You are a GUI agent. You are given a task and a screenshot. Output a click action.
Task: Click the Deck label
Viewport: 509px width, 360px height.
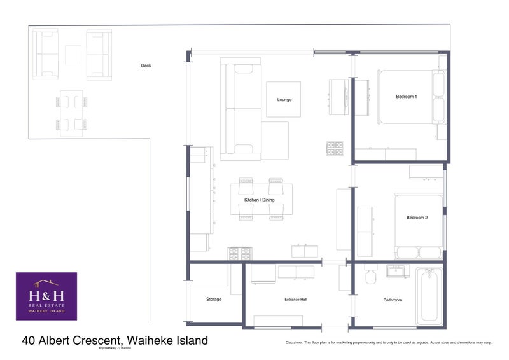(x=146, y=66)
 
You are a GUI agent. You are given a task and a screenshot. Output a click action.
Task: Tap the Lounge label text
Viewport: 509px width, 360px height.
(x=284, y=99)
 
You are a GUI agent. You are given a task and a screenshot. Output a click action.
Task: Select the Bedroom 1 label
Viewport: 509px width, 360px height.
(x=407, y=97)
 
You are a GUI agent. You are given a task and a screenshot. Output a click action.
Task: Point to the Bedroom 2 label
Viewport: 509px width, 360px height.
(x=417, y=218)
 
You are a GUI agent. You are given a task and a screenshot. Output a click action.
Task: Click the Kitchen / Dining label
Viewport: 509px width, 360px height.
(x=260, y=200)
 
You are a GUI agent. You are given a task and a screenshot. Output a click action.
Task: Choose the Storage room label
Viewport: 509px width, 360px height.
(x=214, y=300)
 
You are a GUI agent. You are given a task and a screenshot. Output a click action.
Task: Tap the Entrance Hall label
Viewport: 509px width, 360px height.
(x=296, y=300)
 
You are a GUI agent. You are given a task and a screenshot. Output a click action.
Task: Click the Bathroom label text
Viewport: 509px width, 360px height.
(x=393, y=300)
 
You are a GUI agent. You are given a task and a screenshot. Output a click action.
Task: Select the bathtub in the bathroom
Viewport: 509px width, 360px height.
(x=429, y=296)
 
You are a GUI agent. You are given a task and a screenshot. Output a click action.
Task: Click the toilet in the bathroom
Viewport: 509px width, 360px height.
(x=372, y=276)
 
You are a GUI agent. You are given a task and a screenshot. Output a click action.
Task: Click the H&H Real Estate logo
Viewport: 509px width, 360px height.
(x=46, y=296)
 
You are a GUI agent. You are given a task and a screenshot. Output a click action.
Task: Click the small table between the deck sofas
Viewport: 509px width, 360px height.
(x=73, y=54)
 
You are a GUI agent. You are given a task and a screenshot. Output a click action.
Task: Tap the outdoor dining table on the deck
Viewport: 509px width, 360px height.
(x=71, y=112)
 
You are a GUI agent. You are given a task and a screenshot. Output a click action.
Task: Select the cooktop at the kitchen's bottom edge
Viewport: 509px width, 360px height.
(x=240, y=253)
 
